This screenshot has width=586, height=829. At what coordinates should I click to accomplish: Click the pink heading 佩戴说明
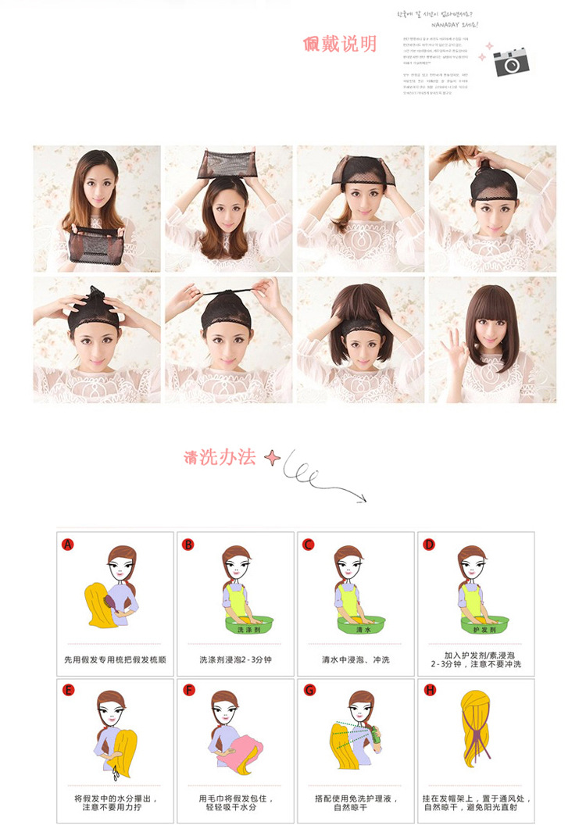coord(340,42)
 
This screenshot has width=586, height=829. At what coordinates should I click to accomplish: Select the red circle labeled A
coord(68,545)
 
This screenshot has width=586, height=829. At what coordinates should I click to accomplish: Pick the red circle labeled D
coord(428,545)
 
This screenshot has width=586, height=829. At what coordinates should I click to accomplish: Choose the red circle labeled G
coord(309,690)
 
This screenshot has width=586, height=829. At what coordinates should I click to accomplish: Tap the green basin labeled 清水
coord(362,625)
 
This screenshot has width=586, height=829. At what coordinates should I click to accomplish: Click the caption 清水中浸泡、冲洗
coord(356,660)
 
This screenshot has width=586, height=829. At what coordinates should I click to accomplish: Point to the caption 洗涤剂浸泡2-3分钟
coord(235,660)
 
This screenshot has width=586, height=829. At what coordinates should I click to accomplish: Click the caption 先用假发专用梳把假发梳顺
coord(115,660)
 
